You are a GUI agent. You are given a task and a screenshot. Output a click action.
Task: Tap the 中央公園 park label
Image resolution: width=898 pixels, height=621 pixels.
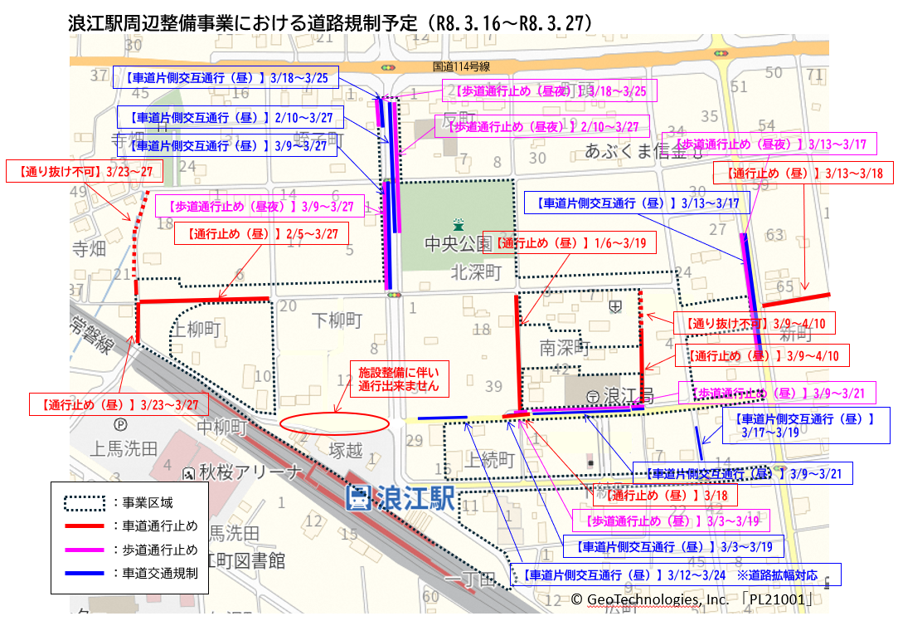pyautogui.click(x=459, y=244)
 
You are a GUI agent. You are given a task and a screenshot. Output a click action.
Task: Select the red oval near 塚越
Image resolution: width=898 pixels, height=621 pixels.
pyautogui.click(x=334, y=422)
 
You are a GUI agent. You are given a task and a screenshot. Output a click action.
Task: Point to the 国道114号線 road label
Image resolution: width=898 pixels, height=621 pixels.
pyautogui.click(x=462, y=66)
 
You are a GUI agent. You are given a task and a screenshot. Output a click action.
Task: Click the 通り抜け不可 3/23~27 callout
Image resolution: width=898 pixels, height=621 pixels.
pyautogui.click(x=85, y=173)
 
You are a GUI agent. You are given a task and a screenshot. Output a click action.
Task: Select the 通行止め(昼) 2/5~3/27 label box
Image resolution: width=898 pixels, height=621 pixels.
pyautogui.click(x=262, y=233)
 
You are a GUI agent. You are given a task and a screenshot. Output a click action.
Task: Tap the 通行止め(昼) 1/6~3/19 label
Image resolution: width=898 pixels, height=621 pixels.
pyautogui.click(x=570, y=242)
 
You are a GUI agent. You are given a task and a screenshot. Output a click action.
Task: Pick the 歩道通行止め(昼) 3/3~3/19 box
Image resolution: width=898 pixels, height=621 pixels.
pyautogui.click(x=669, y=521)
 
